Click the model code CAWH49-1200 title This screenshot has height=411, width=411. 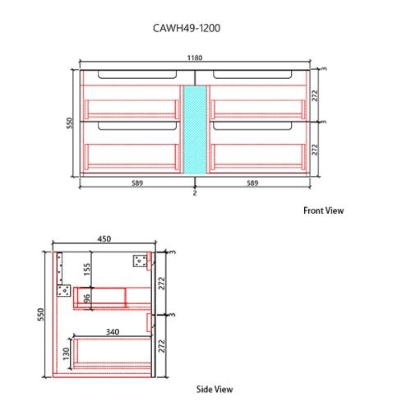point(187,28)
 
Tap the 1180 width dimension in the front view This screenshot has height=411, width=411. point(195,58)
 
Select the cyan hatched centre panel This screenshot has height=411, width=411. point(195,129)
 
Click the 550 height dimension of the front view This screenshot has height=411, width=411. point(70,122)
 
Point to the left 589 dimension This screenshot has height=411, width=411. point(137,182)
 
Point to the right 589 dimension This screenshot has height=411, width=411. point(252,182)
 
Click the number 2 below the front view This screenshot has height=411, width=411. point(195,193)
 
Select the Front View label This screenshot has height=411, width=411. point(323,210)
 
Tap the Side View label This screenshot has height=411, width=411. point(215,389)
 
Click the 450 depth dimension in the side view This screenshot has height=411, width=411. point(104,238)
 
